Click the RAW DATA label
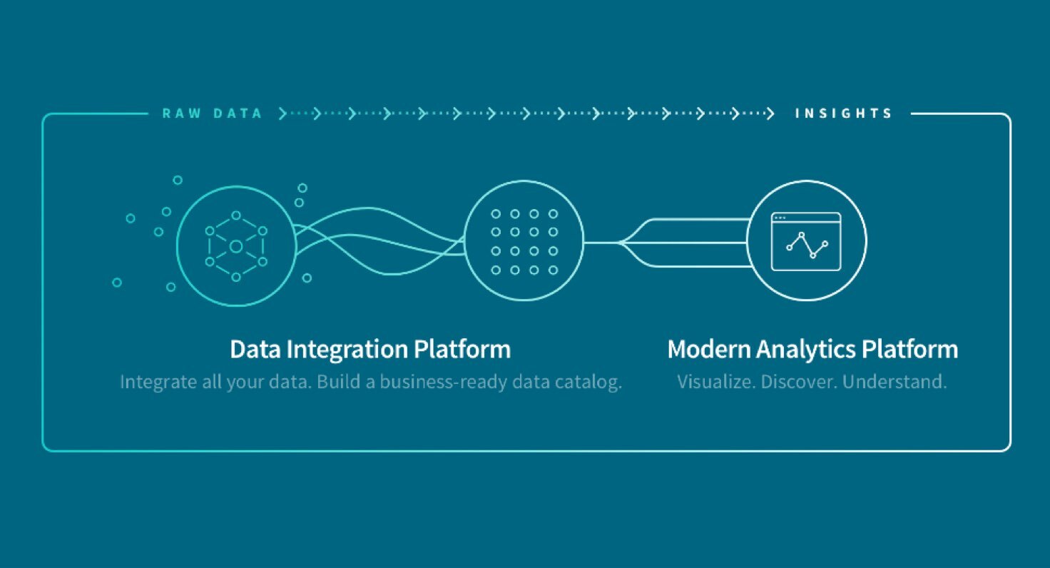[x=212, y=113]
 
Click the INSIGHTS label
[x=844, y=113]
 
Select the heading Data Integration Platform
[x=370, y=350]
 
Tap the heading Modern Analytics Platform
[x=812, y=350]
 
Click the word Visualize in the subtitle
[x=715, y=382]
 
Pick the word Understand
[x=894, y=382]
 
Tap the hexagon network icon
[x=236, y=246]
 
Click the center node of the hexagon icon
[x=236, y=246]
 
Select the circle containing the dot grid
[x=524, y=241]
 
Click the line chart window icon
[x=806, y=242]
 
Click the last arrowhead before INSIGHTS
[x=770, y=113]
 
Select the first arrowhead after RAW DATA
[x=283, y=113]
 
